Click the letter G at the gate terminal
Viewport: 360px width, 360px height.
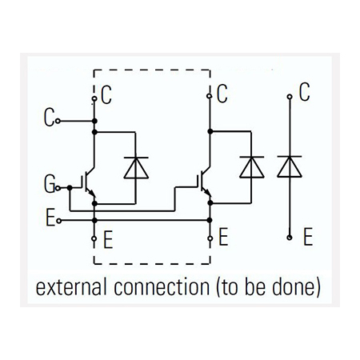tap(50, 184)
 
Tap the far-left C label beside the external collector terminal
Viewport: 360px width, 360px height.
tap(49, 118)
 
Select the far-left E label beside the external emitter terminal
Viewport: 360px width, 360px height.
tap(50, 218)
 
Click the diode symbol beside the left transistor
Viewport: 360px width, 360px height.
tap(136, 167)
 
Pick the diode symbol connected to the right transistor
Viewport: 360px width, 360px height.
tap(252, 167)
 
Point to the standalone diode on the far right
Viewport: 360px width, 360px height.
tap(290, 166)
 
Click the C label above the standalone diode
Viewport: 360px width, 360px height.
tap(304, 92)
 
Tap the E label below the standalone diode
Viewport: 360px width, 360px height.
tap(308, 237)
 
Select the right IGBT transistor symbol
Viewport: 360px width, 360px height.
tap(204, 183)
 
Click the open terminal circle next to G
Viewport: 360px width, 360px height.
tap(58, 188)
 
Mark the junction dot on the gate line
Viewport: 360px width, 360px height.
tap(70, 188)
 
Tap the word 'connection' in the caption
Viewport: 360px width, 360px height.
tap(162, 287)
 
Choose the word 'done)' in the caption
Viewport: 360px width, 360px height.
tap(296, 287)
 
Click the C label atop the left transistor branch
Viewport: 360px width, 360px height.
tap(106, 95)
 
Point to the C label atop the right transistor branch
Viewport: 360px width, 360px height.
tap(222, 94)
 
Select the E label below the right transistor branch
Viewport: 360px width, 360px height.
tap(223, 237)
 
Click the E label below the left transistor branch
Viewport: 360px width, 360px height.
tap(108, 240)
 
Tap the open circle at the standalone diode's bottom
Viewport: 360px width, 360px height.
tap(290, 238)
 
